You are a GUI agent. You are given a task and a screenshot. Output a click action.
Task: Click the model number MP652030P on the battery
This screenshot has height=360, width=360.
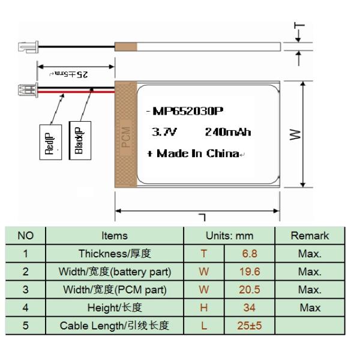[188, 112]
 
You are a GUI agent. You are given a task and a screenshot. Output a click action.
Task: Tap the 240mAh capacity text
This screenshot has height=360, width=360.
[228, 132]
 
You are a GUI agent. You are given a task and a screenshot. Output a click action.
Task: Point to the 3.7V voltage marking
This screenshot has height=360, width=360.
[164, 132]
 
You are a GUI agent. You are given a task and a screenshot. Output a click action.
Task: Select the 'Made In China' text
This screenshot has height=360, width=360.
[197, 154]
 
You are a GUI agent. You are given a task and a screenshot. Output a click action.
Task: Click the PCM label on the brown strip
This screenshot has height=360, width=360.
[126, 137]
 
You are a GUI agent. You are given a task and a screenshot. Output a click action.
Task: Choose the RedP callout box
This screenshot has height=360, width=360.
[50, 142]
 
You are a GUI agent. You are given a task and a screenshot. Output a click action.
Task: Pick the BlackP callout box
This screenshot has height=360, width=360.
[80, 140]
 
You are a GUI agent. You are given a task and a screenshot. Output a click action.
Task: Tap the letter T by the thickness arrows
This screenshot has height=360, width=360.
[299, 25]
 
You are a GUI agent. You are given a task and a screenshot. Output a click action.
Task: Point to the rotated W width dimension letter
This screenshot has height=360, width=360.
[295, 134]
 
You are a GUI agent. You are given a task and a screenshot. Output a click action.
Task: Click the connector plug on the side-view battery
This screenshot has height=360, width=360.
[28, 47]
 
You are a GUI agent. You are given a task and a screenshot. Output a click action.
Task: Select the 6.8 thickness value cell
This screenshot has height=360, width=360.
[250, 254]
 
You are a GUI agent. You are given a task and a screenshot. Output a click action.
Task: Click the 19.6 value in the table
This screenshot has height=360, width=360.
[250, 272]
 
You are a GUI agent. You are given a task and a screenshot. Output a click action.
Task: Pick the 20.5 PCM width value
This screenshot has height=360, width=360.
[250, 290]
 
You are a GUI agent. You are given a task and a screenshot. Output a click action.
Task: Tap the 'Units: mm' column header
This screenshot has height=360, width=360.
[229, 236]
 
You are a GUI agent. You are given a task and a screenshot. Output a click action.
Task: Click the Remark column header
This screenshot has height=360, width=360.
[310, 236]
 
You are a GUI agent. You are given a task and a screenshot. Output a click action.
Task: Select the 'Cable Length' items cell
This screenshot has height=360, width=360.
[115, 326]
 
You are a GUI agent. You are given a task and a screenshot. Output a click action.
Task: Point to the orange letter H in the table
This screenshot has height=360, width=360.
[203, 308]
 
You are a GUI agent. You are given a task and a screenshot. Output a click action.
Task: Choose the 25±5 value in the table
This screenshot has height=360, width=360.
[250, 326]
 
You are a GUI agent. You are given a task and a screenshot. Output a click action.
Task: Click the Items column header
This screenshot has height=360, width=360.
[115, 236]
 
